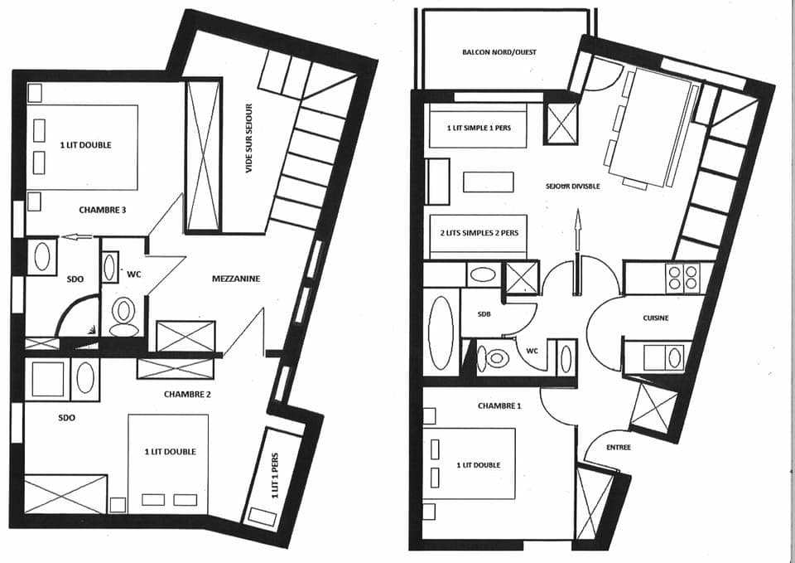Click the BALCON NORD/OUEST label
[499, 52]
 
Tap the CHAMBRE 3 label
[103, 210]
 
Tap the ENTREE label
[618, 448]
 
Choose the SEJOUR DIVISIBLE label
[573, 186]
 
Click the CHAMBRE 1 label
[499, 406]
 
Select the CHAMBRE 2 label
[187, 394]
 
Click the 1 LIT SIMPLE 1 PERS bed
[478, 128]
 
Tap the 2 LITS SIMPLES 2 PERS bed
[478, 233]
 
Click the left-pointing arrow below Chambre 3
[79, 237]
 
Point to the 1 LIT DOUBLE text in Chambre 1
[478, 465]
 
